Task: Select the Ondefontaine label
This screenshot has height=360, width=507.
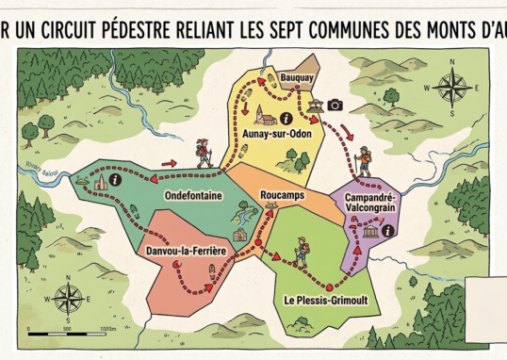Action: coord(192,194)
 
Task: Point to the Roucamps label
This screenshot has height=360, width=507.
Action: coord(280,194)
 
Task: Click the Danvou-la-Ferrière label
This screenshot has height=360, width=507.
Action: coord(187,250)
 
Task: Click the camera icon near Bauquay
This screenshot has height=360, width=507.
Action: coord(335,106)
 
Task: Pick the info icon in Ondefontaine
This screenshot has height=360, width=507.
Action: coord(115,178)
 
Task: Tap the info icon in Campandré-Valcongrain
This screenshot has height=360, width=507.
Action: coord(387,230)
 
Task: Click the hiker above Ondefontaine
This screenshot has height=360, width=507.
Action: coord(203,153)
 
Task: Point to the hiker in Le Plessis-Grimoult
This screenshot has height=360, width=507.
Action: coord(301,251)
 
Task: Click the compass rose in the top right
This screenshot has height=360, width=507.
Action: coord(453,88)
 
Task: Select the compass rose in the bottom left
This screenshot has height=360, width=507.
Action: coord(68,299)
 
